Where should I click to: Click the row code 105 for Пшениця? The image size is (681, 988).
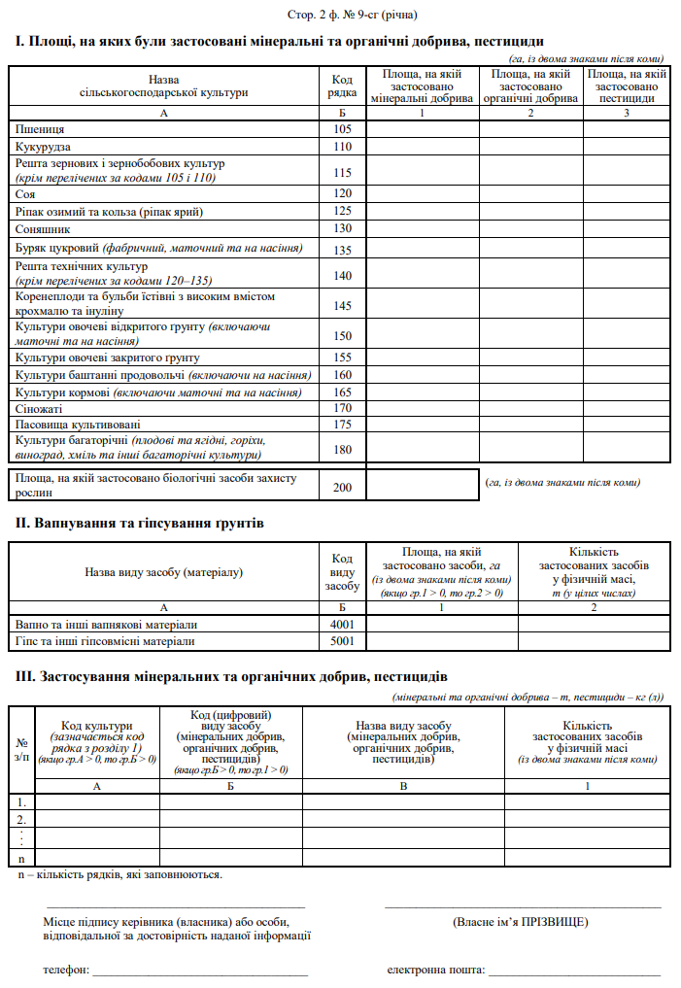(x=342, y=129)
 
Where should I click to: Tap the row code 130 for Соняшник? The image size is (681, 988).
(x=342, y=228)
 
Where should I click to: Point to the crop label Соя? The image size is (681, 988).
(x=26, y=193)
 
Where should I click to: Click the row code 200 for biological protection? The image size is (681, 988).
(x=342, y=486)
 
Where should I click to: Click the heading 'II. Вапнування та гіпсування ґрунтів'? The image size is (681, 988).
(x=139, y=524)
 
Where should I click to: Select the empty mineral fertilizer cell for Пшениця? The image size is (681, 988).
(x=423, y=129)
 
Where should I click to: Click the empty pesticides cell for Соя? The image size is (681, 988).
(x=627, y=193)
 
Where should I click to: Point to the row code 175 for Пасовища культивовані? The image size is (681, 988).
(x=342, y=424)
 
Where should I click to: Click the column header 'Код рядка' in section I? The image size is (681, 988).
(x=342, y=85)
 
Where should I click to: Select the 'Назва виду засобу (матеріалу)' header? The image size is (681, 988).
(x=163, y=572)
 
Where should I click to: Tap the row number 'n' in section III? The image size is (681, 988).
(x=21, y=858)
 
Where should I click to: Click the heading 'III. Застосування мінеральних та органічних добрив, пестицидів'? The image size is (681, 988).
(x=232, y=675)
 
